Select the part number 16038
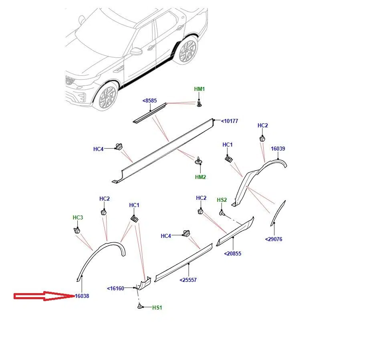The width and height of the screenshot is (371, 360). pos(82,296)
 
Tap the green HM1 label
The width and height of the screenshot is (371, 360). pos(200,89)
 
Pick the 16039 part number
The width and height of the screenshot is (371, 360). pos(278,149)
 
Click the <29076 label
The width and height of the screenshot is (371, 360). pos(274,239)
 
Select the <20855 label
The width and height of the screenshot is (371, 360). pos(233,253)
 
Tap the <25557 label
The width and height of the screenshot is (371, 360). pos(188,280)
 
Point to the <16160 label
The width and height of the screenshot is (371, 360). pos(116,288)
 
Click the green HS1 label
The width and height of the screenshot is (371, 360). pos(157,308)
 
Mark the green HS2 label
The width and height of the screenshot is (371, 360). pos(222,200)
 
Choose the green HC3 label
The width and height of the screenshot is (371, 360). pos(78,217)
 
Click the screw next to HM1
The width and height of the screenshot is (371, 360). pos(199,103)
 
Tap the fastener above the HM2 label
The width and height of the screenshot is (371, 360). pos(199,160)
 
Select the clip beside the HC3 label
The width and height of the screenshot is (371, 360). pos(77,230)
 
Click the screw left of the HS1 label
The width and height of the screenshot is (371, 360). pos(140,307)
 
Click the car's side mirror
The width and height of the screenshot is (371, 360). pos(137,52)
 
